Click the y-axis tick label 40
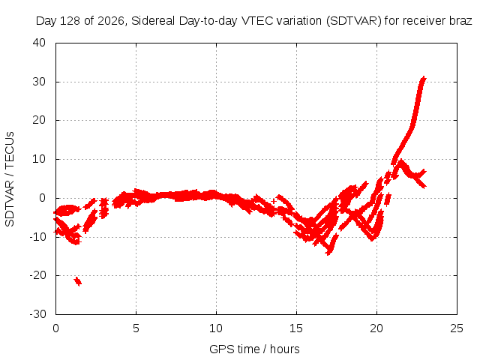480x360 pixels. point(39,43)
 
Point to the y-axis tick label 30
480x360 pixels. point(39,82)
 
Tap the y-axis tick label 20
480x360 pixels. point(39,120)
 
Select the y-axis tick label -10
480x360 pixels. point(37,236)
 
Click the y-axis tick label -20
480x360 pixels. point(37,275)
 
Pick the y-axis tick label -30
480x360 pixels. point(37,313)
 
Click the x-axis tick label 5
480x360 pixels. point(136,328)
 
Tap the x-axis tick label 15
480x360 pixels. point(296,328)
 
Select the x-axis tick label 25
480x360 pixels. point(457,328)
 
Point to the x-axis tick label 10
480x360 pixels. point(216,328)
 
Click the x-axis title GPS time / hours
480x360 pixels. point(254,349)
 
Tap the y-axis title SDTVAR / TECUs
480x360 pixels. point(10,179)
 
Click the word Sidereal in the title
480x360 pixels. point(153,21)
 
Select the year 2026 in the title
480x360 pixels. point(110,21)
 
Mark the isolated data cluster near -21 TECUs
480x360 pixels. point(78,281)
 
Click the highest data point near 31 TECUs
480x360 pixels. point(423,78)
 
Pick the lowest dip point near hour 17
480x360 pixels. point(328,253)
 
